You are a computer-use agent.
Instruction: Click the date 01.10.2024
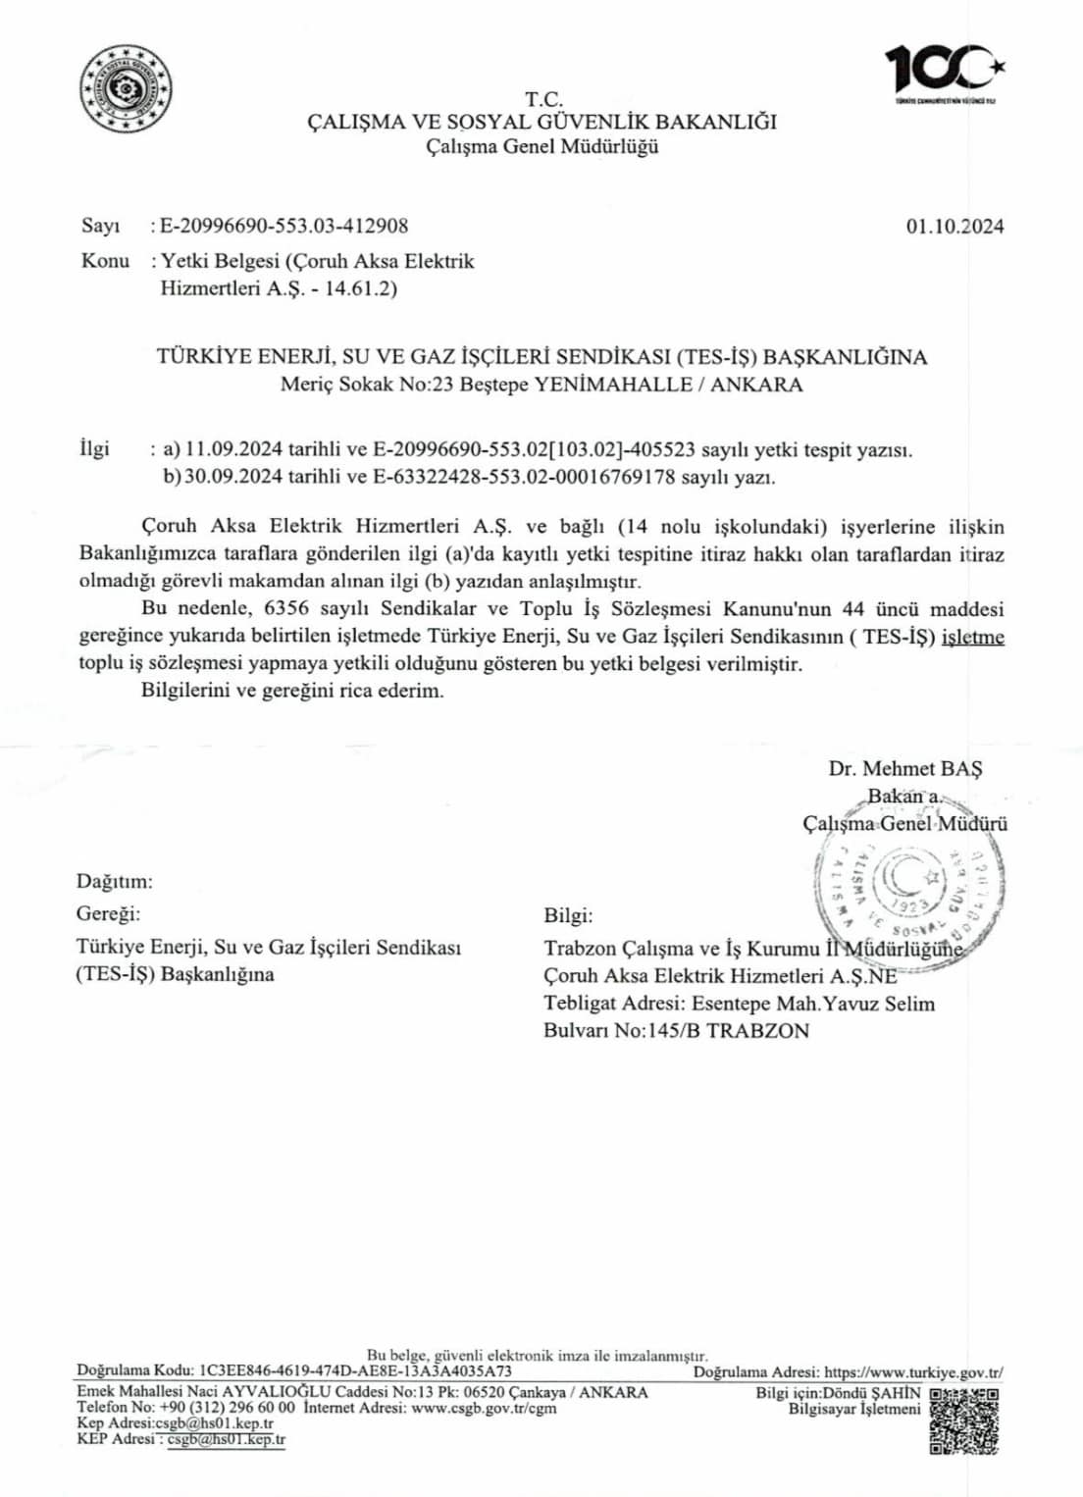point(954,226)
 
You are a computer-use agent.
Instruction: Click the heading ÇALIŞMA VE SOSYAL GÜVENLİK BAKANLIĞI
point(542,122)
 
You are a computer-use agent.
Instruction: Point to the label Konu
point(105,261)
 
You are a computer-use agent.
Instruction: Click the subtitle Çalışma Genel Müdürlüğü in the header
point(542,147)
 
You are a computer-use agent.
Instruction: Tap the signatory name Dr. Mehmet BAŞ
point(904,768)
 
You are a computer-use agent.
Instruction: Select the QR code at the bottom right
point(963,1420)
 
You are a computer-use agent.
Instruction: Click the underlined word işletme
point(972,637)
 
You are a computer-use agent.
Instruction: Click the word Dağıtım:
point(115,882)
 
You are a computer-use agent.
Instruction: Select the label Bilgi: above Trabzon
point(568,915)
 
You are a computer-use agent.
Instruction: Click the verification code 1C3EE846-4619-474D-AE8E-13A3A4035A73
point(355,1371)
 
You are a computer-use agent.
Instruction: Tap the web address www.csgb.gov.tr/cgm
point(484,1408)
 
